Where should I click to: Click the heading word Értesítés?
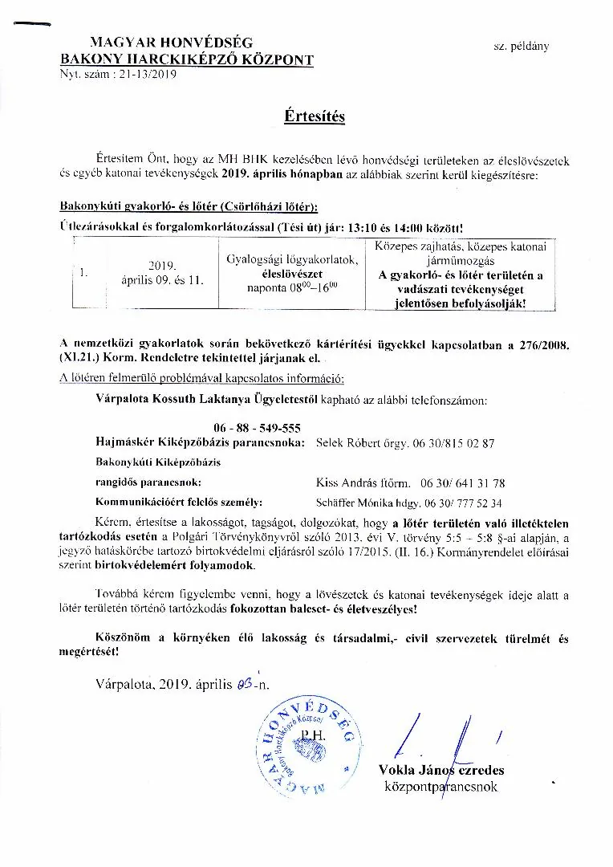pyautogui.click(x=314, y=116)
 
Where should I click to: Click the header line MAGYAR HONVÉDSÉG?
pyautogui.click(x=160, y=44)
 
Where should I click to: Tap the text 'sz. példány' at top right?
pyautogui.click(x=521, y=47)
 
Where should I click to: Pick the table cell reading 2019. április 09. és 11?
pyautogui.click(x=162, y=273)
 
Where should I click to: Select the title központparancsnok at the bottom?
pyautogui.click(x=440, y=787)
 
